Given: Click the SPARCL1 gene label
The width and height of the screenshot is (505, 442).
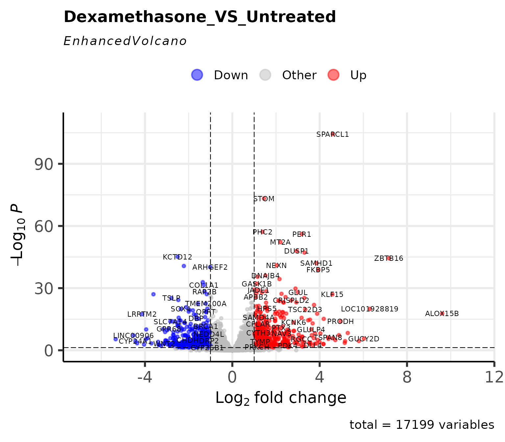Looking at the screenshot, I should coord(332,135).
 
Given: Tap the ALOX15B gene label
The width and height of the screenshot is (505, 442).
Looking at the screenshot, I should coord(442,314).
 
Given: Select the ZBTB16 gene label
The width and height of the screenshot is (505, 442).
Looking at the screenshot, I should coord(389,258).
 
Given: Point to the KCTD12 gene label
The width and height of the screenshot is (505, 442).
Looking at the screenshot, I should coord(177,257).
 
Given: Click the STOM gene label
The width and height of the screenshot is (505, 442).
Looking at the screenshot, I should coord(264,199).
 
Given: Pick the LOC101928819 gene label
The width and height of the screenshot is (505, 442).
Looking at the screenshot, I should coord(370,309).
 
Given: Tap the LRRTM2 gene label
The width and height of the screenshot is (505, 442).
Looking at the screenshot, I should coord(142,314).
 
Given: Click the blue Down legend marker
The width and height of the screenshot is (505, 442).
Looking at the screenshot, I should coord(197,75).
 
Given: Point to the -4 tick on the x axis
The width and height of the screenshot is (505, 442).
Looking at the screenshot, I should coord(144,378).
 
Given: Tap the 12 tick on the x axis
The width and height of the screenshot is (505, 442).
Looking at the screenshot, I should coord(494,378).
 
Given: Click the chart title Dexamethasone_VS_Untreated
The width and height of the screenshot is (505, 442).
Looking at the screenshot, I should coord(200,17).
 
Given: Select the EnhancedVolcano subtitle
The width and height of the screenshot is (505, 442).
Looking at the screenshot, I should coord(125,41).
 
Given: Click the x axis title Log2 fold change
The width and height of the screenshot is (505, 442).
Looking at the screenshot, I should coord(280,398).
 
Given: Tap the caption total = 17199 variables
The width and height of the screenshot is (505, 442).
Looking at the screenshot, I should coord(422,425).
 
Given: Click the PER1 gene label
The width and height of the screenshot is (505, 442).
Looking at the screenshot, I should coord(301,234).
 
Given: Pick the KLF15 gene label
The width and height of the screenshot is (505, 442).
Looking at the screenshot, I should coord(332,295).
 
